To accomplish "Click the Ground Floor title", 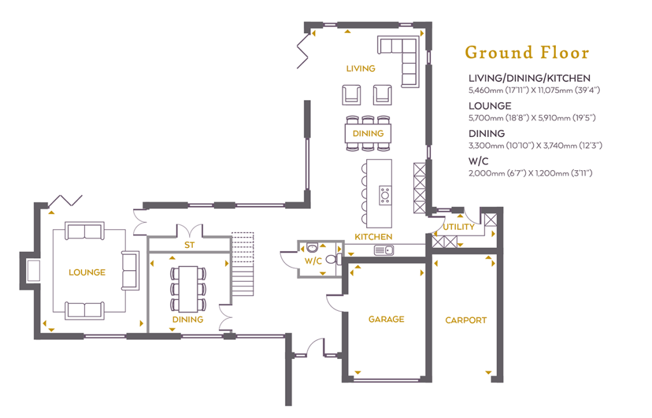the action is [527, 53].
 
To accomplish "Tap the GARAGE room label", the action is [386, 319].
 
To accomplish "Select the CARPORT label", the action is [465, 320].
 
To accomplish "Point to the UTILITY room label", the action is [458, 227].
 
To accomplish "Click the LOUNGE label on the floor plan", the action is [87, 272].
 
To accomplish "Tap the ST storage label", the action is [189, 245].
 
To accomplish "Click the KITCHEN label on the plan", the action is [373, 237].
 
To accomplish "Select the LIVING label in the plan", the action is [360, 69].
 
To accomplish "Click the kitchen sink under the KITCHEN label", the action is [384, 250].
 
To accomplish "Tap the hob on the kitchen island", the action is [385, 195].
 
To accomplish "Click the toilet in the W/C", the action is [334, 259].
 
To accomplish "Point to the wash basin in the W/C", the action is [312, 248].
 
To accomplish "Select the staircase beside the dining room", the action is [243, 264].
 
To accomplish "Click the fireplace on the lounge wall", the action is [33, 270].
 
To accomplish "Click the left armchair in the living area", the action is [351, 95].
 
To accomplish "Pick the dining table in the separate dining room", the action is [188, 289].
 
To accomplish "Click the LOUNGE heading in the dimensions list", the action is [490, 106].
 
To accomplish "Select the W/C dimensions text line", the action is [530, 173].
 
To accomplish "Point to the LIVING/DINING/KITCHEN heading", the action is [529, 78].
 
